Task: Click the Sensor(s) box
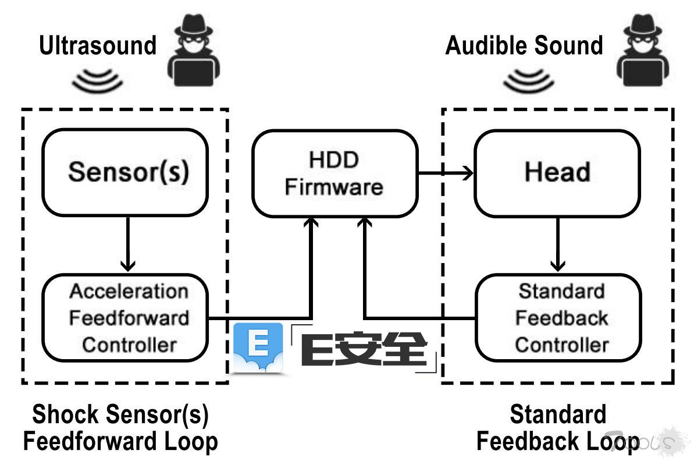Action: pyautogui.click(x=125, y=172)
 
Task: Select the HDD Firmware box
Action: pyautogui.click(x=334, y=173)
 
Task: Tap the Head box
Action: pyautogui.click(x=557, y=172)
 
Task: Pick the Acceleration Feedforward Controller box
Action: pyautogui.click(x=125, y=318)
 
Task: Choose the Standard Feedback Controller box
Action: pyautogui.click(x=558, y=318)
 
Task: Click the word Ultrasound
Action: pyautogui.click(x=98, y=45)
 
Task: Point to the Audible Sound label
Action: pyautogui.click(x=524, y=45)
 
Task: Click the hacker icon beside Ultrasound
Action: pyautogui.click(x=194, y=49)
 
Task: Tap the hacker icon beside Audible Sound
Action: pyautogui.click(x=643, y=49)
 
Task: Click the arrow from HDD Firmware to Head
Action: pyautogui.click(x=445, y=172)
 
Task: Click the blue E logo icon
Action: pyautogui.click(x=258, y=347)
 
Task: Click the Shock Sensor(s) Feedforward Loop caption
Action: pyautogui.click(x=120, y=428)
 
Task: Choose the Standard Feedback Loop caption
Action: pyautogui.click(x=557, y=428)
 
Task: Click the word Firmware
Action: pyautogui.click(x=334, y=187)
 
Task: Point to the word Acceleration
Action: pyautogui.click(x=129, y=291)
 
